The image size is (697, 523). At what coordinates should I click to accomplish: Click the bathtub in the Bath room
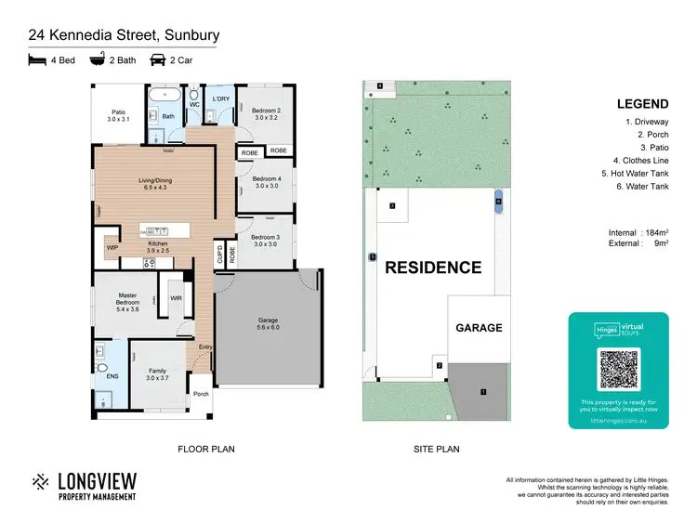click(165, 95)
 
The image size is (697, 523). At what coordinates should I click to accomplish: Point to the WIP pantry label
click(112, 248)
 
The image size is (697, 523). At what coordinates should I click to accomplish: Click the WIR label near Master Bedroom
click(175, 298)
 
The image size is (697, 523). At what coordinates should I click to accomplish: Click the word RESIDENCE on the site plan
click(433, 268)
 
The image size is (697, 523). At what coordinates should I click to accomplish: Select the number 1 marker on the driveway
click(483, 392)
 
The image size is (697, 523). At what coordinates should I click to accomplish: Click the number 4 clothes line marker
click(379, 86)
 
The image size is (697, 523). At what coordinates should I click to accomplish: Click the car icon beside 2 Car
click(157, 60)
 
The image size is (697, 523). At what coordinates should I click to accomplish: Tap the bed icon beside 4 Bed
click(37, 60)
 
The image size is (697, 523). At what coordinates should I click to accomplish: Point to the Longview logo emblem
click(41, 482)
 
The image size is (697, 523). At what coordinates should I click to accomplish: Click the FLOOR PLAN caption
click(206, 449)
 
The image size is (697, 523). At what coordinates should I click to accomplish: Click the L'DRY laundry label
click(220, 98)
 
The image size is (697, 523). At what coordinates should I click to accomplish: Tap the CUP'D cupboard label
click(220, 254)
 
